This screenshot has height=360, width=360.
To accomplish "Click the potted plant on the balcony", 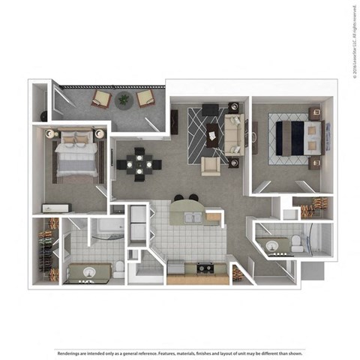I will [124, 98].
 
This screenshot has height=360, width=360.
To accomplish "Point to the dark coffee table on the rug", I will [211, 135].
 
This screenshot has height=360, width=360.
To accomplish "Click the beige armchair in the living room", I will [211, 165].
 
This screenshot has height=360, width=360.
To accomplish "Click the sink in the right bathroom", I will [271, 244].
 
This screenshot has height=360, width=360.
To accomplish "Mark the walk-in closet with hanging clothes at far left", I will [47, 250].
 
